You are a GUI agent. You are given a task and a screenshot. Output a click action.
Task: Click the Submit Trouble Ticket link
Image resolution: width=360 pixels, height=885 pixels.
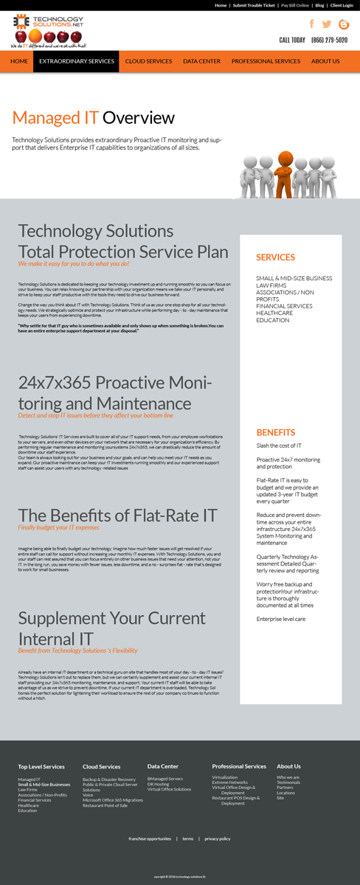coord(254,5)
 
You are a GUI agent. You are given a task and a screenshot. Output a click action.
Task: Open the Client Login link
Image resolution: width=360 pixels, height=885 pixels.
coord(342,5)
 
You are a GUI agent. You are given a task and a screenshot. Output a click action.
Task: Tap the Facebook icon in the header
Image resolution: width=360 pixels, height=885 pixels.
coord(311,24)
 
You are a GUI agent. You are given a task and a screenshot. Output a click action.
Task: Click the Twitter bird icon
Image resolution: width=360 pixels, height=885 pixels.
coord(327,24)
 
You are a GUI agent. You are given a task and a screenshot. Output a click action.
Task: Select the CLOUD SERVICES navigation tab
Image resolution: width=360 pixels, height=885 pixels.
coord(148,61)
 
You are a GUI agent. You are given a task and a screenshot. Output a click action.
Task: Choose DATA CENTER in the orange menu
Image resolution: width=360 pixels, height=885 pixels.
coord(201,61)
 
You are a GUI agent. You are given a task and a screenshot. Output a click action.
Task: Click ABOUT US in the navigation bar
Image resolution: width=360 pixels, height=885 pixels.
coord(325,61)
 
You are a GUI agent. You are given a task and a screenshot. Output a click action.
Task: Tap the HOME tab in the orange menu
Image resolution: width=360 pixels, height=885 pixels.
coord(19,61)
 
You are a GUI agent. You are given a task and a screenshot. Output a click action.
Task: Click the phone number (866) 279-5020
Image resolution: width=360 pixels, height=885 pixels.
coord(329,41)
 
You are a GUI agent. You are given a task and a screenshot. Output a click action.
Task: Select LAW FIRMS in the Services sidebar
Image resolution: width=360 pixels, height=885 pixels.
coord(271,285)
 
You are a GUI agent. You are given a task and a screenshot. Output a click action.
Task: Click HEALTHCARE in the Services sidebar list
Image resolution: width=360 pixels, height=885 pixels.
coord(274,313)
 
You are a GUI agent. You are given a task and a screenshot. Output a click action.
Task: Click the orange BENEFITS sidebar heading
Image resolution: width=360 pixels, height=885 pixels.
coord(275,432)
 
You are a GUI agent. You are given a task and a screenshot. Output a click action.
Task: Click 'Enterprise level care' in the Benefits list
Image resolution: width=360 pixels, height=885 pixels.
coord(280,619)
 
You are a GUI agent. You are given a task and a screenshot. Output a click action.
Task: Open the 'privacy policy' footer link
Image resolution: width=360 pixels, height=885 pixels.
coord(218,839)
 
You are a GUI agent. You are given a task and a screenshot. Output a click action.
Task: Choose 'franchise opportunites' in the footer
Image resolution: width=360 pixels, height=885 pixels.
coord(150,839)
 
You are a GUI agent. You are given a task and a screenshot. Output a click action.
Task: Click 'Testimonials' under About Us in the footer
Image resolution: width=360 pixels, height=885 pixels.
coord(288,782)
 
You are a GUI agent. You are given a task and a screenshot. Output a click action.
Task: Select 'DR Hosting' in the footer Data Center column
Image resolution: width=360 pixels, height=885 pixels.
coord(158,784)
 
